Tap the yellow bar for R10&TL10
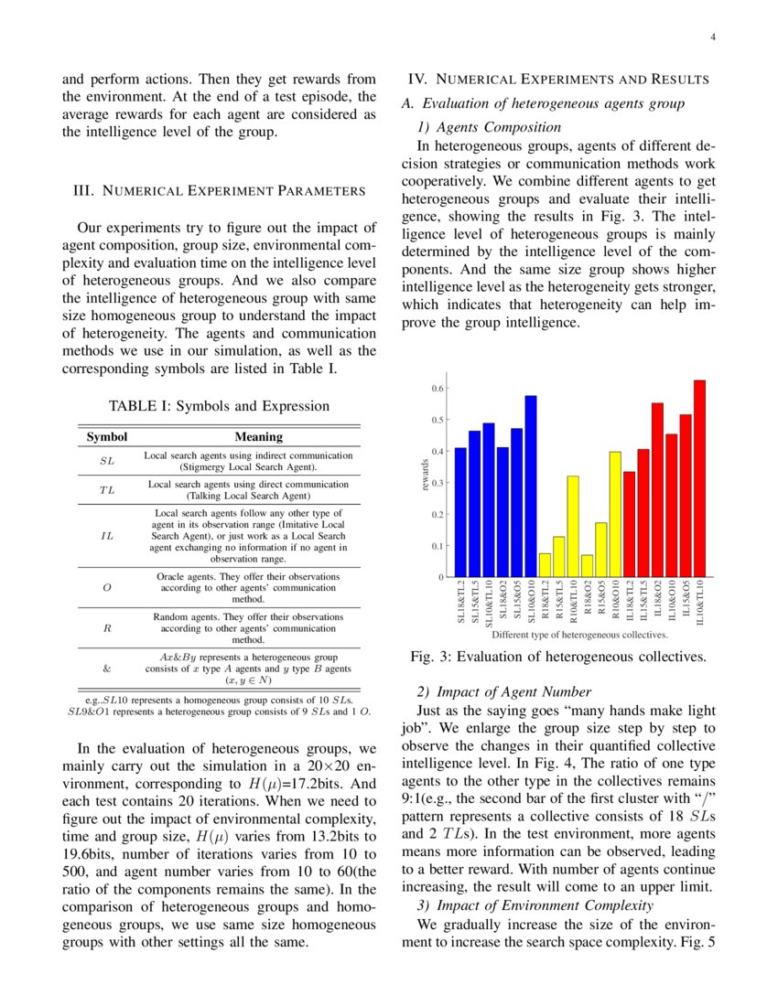tap(573, 527)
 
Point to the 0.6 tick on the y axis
tap(438, 389)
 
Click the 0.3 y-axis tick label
tap(438, 483)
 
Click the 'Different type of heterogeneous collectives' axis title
tap(579, 634)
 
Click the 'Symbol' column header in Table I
tap(107, 437)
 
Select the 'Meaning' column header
tap(259, 437)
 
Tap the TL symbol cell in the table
tap(107, 490)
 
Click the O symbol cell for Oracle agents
tap(107, 588)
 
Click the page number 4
tap(711, 37)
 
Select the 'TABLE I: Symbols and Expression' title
tap(219, 406)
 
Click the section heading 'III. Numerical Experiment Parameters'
tap(219, 191)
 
